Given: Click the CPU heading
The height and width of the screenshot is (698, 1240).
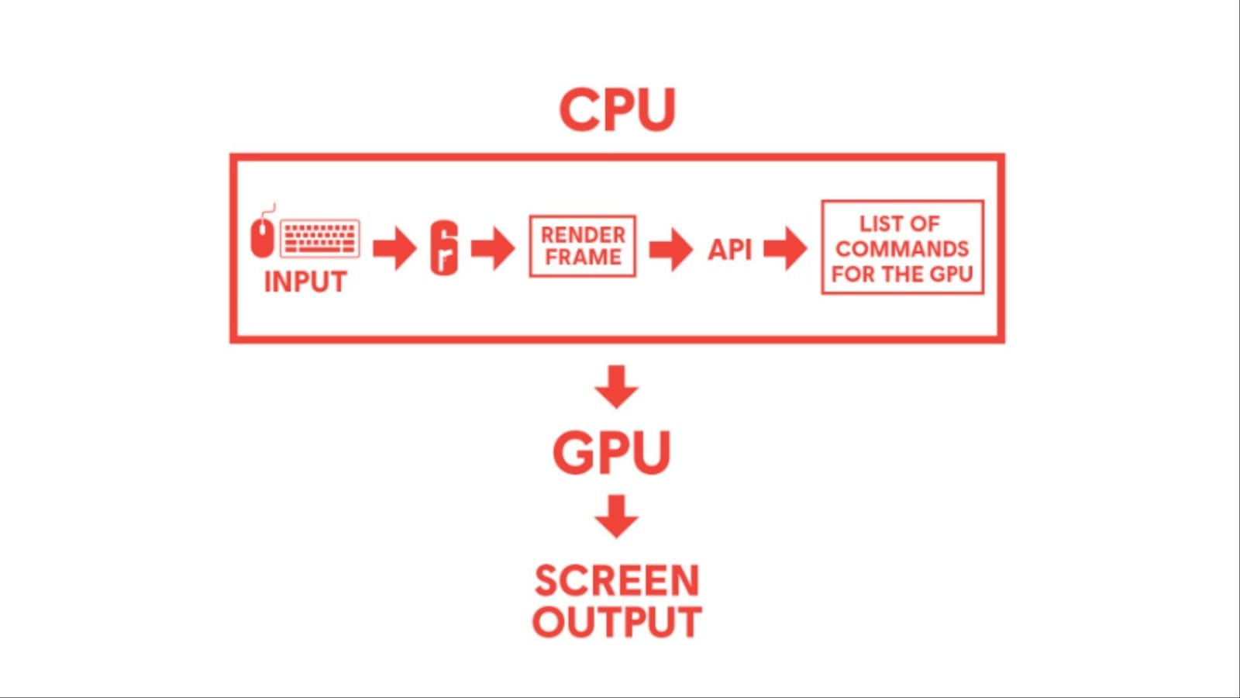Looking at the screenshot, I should click(617, 109).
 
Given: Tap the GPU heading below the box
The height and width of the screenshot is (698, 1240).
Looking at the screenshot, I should click(611, 453).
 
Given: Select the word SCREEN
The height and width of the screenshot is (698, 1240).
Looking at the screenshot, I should click(617, 581).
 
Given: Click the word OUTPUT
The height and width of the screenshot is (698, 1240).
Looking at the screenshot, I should click(617, 622).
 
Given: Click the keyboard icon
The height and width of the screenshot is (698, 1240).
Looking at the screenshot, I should click(319, 238).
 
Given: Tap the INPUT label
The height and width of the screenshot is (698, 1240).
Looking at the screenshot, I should click(305, 282).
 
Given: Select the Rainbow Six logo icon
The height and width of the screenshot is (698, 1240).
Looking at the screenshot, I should click(444, 247).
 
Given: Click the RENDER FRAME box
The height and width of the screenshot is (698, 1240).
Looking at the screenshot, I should click(583, 247).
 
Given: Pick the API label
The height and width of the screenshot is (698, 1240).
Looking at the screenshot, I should click(729, 250).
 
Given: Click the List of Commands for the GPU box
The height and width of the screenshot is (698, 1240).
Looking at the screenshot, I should click(902, 247).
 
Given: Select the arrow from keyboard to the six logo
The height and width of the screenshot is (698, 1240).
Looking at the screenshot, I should click(394, 248).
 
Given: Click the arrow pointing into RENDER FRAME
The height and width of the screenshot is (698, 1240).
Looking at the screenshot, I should click(493, 248).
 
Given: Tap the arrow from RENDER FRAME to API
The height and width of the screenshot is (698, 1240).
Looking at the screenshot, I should click(670, 249).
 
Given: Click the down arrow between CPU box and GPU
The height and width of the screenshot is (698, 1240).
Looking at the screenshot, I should click(617, 386).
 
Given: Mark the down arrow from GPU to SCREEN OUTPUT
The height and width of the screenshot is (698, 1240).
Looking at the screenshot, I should click(617, 517).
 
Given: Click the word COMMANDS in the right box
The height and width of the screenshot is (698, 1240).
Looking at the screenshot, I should click(902, 249).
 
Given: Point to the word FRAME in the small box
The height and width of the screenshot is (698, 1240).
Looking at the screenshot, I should click(583, 257).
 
